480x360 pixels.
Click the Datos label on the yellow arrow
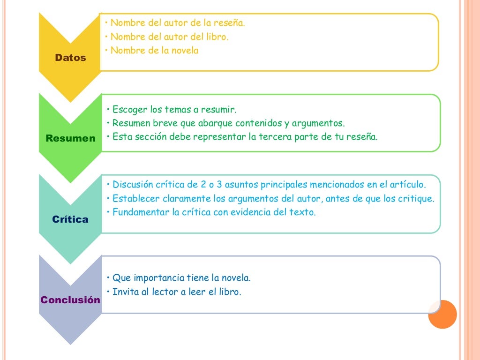70,58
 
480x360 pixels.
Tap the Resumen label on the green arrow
70,138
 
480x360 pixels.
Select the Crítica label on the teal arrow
70,219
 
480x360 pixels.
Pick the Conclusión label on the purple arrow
70,300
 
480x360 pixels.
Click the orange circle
442,315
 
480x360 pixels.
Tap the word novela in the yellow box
185,51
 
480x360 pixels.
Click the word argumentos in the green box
318,123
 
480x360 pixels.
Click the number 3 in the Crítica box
219,184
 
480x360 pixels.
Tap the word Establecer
136,198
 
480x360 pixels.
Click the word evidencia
250,212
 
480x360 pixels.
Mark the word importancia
159,278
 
